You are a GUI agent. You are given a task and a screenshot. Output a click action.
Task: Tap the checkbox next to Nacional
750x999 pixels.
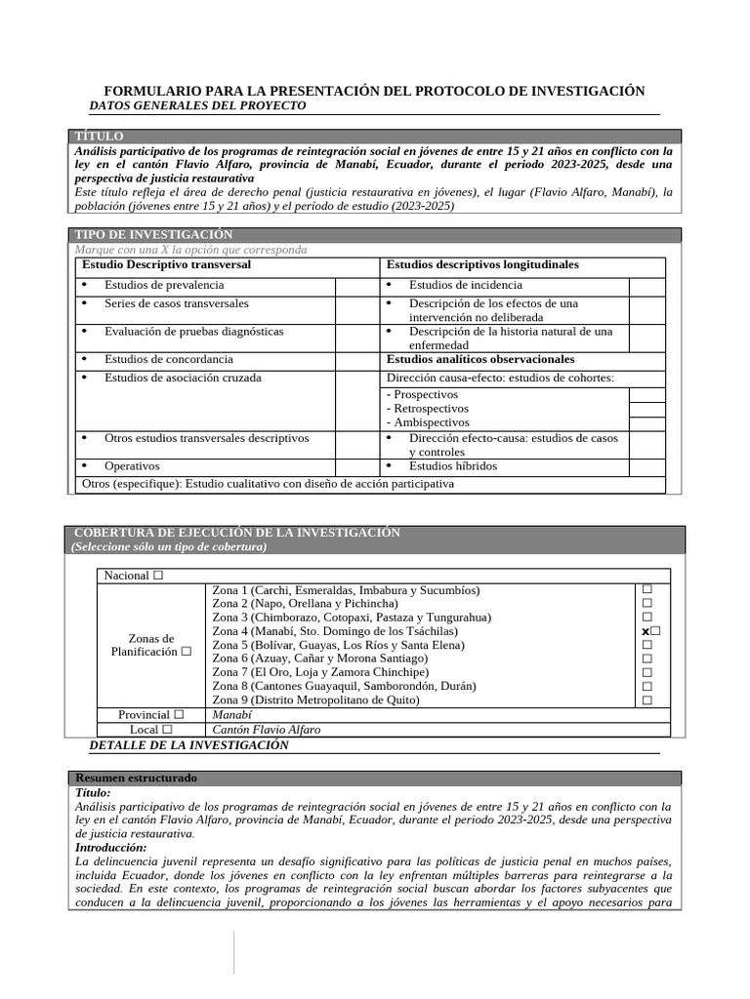point(158,577)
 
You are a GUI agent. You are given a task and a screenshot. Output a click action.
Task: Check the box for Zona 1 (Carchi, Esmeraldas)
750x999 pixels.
point(646,590)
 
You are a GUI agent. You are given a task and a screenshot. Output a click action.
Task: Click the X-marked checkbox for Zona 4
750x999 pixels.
point(650,632)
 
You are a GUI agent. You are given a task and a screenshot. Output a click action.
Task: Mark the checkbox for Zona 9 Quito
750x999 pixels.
point(646,700)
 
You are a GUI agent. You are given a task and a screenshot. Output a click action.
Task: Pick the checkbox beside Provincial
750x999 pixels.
point(179,715)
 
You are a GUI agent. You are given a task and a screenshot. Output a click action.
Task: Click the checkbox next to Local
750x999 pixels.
point(167,730)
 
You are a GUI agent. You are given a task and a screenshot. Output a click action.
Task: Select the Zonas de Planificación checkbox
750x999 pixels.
point(186,652)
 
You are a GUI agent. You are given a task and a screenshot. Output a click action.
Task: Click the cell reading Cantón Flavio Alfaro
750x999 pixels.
point(266,730)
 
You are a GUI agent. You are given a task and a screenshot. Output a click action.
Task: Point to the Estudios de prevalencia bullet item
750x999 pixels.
point(164,285)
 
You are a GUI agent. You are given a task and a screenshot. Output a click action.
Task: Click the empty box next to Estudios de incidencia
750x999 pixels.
point(646,286)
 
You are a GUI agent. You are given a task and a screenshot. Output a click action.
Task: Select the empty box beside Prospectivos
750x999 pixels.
point(646,395)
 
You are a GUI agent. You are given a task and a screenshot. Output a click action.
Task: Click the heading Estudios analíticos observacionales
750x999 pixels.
point(480,359)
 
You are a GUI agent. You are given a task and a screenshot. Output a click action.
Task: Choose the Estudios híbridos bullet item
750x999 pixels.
point(452,466)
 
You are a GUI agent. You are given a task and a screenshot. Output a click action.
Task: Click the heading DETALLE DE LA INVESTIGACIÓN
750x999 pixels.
point(188,745)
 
